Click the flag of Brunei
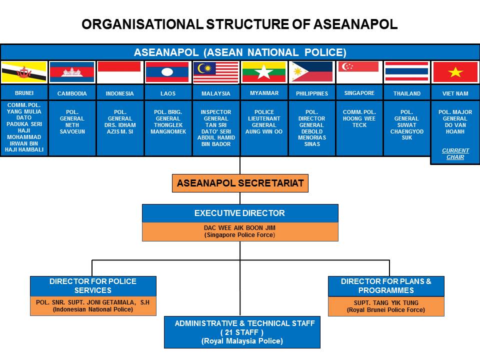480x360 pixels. tap(24, 72)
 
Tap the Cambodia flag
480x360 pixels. tap(72, 72)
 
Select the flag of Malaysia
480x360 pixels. tap(216, 72)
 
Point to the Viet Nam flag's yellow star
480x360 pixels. tap(455, 72)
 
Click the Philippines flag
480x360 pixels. tap(312, 72)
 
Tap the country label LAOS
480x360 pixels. tap(168, 93)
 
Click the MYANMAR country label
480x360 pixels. tap(264, 93)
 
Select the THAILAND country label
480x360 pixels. tap(407, 93)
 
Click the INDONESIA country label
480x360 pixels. tap(120, 93)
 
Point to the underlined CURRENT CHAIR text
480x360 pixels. tap(455, 153)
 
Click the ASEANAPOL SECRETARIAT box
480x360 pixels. tap(240, 183)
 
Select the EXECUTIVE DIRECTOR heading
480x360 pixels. tap(240, 213)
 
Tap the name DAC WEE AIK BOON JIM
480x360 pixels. tap(239, 228)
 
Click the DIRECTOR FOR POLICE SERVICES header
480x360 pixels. tap(93, 285)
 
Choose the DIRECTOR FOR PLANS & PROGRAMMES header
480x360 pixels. tap(386, 285)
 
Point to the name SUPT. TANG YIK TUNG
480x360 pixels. tap(386, 303)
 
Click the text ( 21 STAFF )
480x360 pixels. tap(242, 332)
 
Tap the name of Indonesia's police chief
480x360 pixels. tap(120, 122)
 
